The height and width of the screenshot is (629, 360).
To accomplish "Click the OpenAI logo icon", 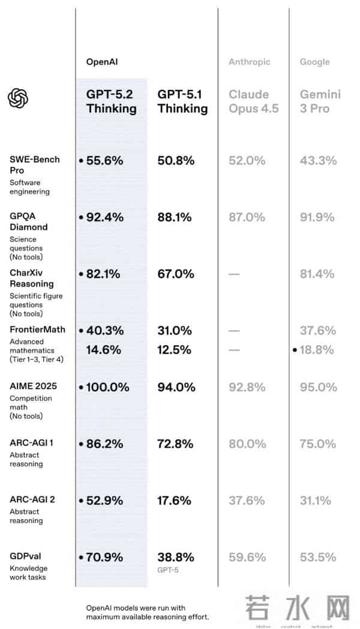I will (x=19, y=98).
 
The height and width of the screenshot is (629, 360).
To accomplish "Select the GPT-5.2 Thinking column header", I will (x=112, y=101).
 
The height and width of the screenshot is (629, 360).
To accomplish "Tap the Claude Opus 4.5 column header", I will (x=254, y=101).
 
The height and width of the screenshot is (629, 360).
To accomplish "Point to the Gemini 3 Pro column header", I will (x=320, y=101).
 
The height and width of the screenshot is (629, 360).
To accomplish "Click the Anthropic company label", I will (x=249, y=62).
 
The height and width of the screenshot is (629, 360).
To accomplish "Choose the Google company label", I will (x=315, y=62).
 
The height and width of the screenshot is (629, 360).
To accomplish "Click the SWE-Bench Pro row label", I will (x=35, y=164).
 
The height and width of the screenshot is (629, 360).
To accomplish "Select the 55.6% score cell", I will (x=105, y=160).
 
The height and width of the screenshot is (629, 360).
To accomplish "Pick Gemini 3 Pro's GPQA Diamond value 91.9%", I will (x=317, y=217).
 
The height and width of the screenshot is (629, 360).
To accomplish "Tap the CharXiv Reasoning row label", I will (x=32, y=278).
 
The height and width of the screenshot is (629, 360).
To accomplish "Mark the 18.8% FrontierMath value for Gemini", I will (x=317, y=349).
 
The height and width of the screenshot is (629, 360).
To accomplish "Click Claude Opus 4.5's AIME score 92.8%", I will (x=247, y=387).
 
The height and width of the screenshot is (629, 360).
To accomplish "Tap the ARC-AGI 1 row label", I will (x=32, y=443).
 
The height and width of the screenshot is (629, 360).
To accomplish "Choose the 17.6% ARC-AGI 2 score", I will (x=175, y=500).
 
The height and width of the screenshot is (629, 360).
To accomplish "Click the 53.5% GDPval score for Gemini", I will (x=317, y=557).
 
